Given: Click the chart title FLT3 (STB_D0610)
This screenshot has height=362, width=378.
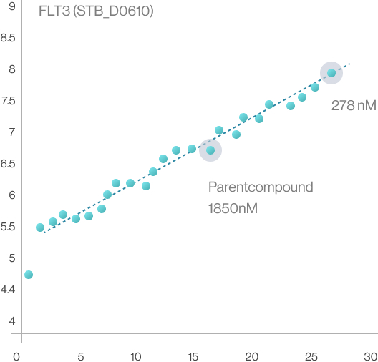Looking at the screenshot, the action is [x=96, y=11].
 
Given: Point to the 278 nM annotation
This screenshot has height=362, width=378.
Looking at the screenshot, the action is [x=354, y=105].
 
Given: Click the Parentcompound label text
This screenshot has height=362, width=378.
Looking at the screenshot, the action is [x=261, y=187].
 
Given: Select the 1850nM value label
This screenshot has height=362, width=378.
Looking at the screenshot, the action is [x=233, y=208].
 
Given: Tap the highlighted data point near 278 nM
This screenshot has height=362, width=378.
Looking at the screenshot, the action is [x=331, y=73].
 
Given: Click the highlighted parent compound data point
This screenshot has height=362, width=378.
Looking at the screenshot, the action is [x=210, y=150].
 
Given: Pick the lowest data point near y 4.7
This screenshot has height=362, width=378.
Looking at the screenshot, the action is [x=29, y=275].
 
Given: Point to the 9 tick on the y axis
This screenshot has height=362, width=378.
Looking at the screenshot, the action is [x=12, y=6].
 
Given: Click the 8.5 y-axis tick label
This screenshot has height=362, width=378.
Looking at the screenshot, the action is [x=8, y=38].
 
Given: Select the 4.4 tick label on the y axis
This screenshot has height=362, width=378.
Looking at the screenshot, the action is [x=8, y=290].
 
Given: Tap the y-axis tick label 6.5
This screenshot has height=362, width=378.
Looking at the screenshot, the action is [x=8, y=164].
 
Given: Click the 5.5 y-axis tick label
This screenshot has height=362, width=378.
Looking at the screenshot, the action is [x=8, y=227].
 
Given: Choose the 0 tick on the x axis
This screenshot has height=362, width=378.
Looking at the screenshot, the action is [x=16, y=357].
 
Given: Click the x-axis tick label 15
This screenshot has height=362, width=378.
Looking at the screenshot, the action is [x=193, y=357].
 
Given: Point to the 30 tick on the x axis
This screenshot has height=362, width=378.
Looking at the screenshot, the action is [x=371, y=357].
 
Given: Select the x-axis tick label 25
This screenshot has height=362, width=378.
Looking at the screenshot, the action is [x=311, y=357].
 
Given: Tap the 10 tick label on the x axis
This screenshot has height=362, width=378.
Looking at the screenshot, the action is [x=136, y=357].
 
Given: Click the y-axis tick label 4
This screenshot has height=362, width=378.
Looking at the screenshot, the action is [x=12, y=321].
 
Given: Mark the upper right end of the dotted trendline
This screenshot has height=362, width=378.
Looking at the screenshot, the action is [x=349, y=64].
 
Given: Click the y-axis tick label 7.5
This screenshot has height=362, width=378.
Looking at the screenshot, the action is [x=9, y=101].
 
